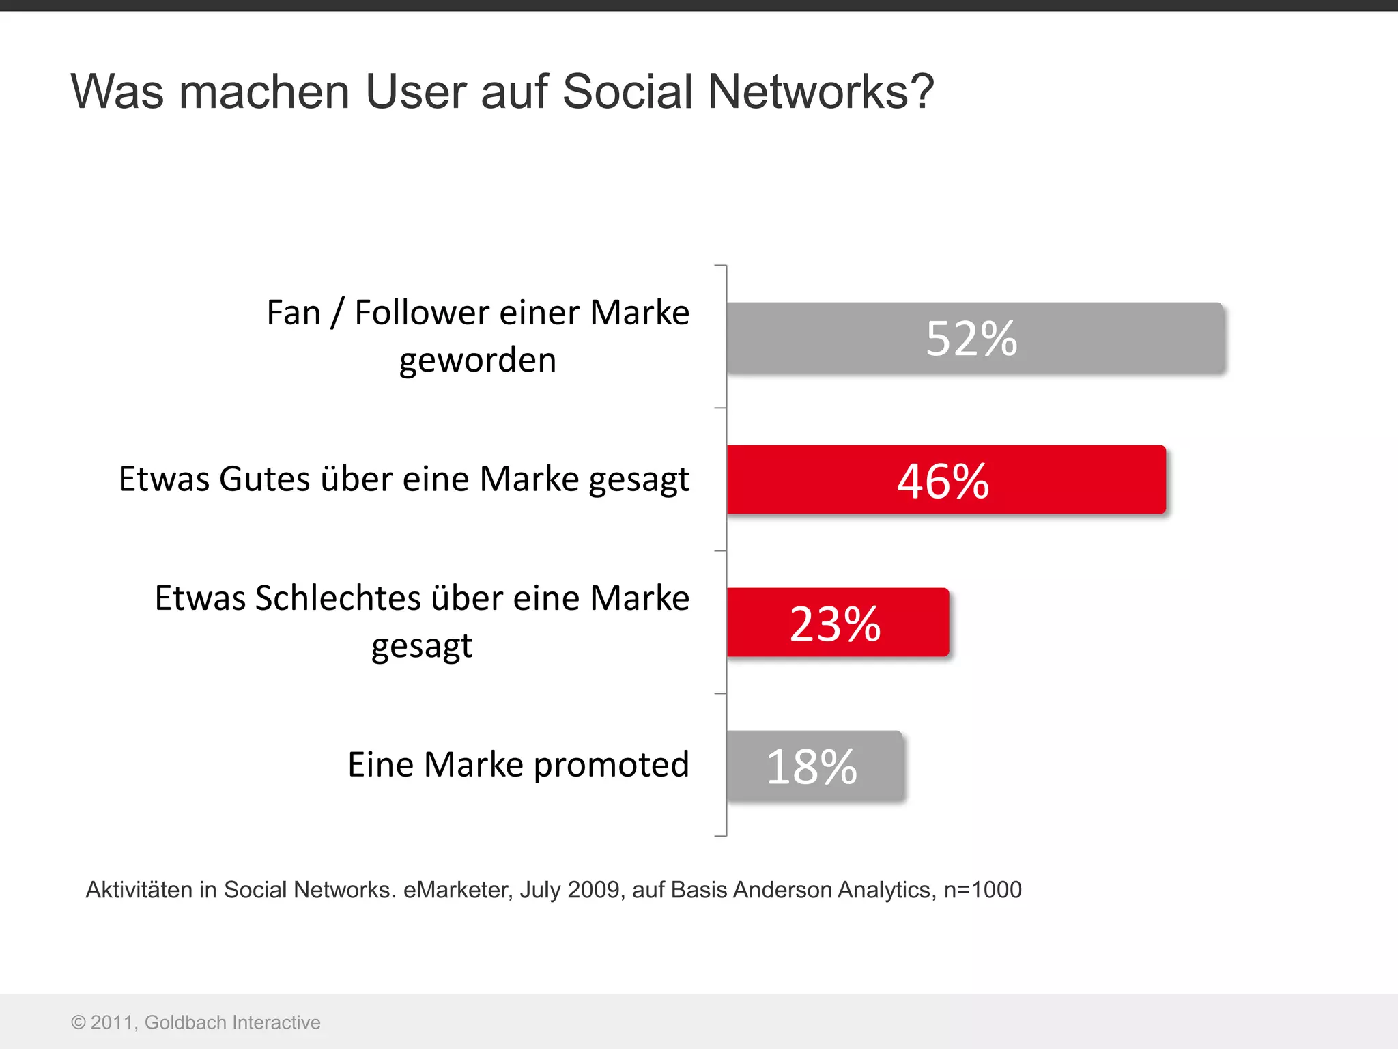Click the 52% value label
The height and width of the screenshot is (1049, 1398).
pos(971,339)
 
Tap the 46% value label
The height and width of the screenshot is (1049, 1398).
pos(943,481)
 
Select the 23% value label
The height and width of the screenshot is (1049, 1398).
pos(835,624)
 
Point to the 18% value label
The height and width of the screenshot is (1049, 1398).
pos(811,766)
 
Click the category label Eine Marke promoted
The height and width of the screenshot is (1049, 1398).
pos(518,764)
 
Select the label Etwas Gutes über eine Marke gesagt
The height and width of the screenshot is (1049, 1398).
pos(403,479)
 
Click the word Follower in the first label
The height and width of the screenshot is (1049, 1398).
pos(422,313)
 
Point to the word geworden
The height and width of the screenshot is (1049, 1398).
pos(478,361)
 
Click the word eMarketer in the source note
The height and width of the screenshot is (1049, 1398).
pos(457,890)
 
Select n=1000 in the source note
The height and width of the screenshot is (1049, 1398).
pos(982,890)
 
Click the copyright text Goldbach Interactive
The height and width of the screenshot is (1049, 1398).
pos(232,1022)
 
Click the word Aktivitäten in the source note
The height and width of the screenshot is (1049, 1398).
pos(139,890)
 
